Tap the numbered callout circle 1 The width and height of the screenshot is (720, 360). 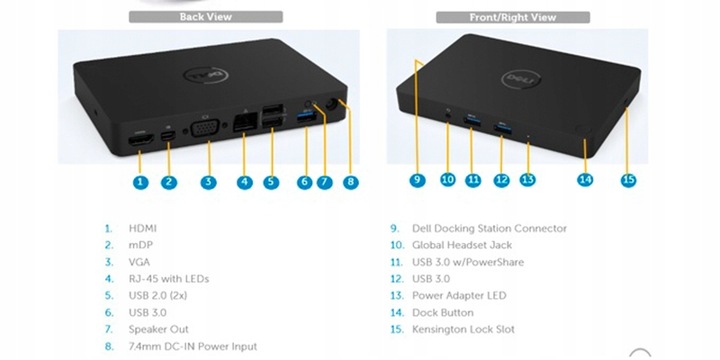point(140,182)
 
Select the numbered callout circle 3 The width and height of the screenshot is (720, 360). point(207,182)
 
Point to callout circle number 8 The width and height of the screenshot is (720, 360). point(350,182)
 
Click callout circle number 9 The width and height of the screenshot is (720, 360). point(418,180)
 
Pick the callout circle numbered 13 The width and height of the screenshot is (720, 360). point(528,180)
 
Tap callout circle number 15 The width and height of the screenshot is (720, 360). point(628,180)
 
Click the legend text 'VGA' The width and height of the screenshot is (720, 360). point(140,262)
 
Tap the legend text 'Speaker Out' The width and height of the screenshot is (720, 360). point(159,329)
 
